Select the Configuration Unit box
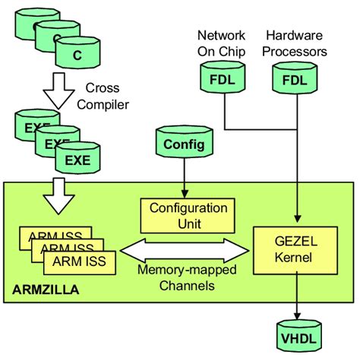(x=183, y=215)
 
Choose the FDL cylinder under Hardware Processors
(x=296, y=79)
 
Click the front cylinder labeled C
(x=76, y=54)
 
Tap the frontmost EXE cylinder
(x=76, y=160)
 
